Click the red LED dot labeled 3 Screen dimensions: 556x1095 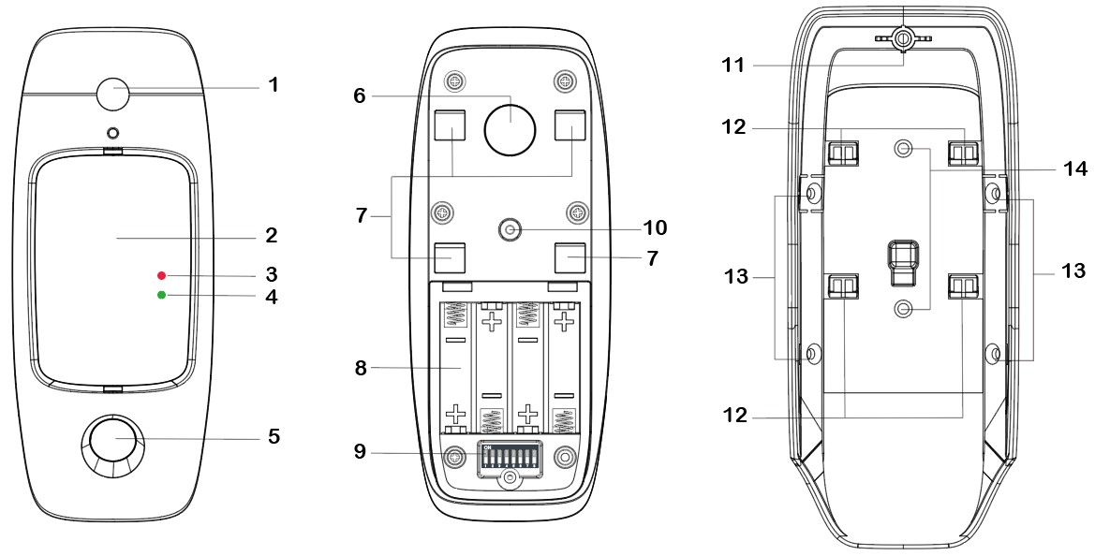click(x=161, y=275)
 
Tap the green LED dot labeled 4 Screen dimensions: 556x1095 click(x=161, y=296)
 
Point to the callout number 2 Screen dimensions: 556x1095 click(x=272, y=233)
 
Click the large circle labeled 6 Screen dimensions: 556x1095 click(x=508, y=125)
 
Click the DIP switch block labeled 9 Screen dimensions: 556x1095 click(x=507, y=457)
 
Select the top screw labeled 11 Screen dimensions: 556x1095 click(x=904, y=39)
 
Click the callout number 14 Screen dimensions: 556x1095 click(x=1074, y=169)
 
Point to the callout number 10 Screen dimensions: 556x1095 click(x=656, y=227)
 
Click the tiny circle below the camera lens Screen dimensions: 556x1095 click(x=112, y=133)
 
